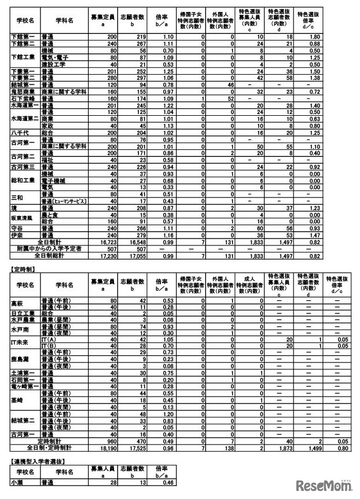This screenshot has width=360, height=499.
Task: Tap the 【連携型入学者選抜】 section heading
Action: tap(37, 461)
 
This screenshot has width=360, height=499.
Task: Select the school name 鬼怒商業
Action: tap(24, 91)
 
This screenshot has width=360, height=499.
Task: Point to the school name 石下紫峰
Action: tap(24, 99)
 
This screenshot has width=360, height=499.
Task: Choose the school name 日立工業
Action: tap(24, 313)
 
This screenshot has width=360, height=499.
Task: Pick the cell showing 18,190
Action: tap(104, 448)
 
